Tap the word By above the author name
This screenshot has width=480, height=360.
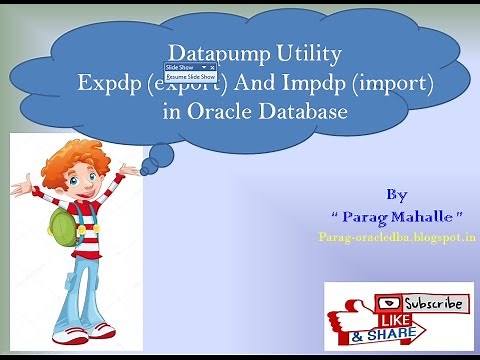(397, 193)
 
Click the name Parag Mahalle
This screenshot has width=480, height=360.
(397, 216)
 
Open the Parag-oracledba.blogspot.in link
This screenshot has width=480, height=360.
(397, 238)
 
